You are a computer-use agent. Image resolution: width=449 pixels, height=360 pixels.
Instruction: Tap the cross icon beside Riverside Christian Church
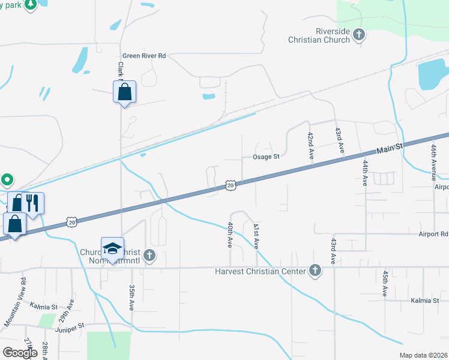pos(359,35)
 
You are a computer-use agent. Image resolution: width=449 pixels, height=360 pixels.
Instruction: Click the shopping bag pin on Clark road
pos(124,92)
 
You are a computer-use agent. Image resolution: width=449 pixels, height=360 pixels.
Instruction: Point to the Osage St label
pos(265,157)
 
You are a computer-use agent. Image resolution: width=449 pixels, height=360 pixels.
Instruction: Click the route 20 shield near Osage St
pos(231,185)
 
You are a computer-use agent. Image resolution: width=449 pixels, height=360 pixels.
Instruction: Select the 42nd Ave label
pos(311,145)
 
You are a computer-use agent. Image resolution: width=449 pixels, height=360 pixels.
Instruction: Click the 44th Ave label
pos(364,172)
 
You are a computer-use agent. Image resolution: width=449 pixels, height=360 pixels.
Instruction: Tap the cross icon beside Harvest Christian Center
pos(314,271)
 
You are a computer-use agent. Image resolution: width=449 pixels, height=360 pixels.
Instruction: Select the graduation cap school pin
pos(112,250)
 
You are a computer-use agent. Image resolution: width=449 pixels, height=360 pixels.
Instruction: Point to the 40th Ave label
pos(230,235)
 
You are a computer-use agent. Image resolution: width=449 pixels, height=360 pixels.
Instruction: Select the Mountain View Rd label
pos(15,302)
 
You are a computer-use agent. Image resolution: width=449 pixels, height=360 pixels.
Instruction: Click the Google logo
pos(20,353)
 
